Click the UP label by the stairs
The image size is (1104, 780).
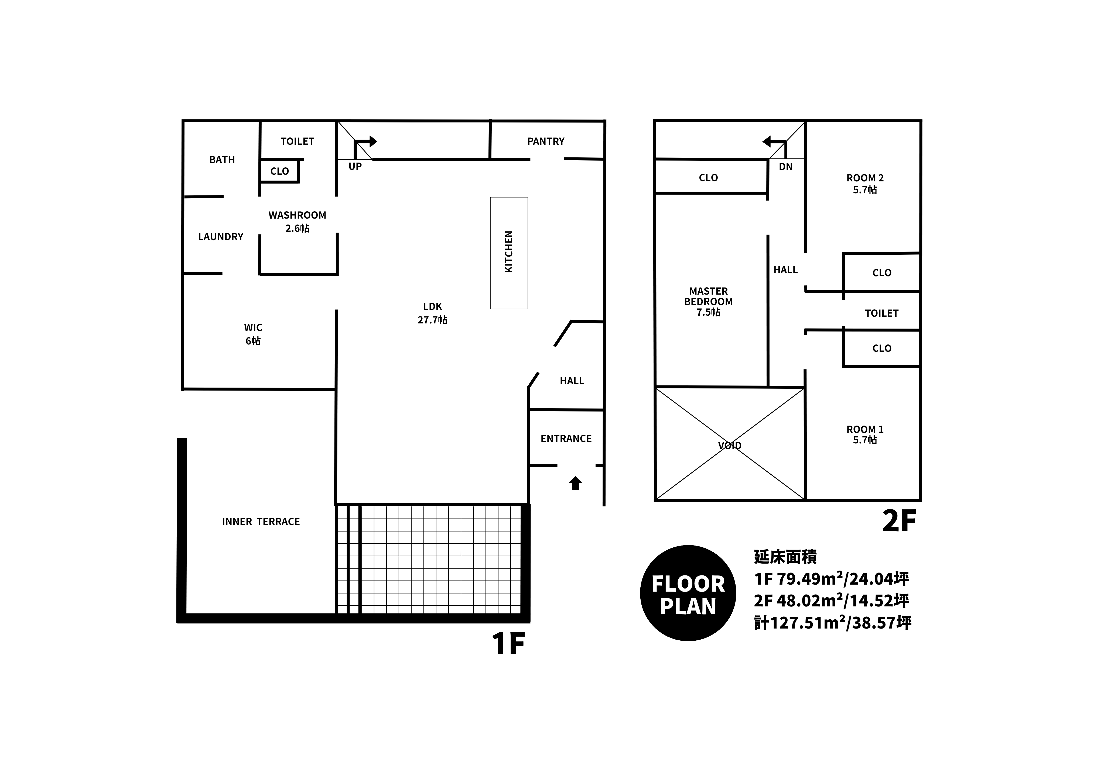tap(355, 166)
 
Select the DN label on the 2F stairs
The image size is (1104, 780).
tap(786, 167)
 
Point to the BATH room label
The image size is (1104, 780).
tap(222, 160)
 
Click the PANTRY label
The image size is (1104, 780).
tap(546, 141)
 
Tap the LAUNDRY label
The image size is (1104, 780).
tap(221, 236)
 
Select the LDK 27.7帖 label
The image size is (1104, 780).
tap(432, 313)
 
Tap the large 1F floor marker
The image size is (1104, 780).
tap(508, 644)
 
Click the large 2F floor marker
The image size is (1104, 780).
tap(899, 521)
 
